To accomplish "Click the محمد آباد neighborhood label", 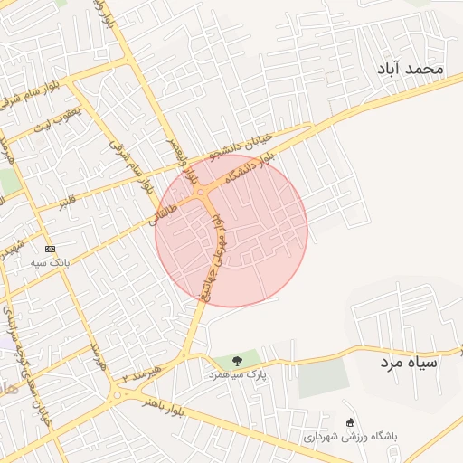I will [x=412, y=69].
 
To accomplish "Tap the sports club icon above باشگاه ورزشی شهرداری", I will [x=351, y=421].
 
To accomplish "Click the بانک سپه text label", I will [x=50, y=261].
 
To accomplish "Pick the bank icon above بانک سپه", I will [x=50, y=248].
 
